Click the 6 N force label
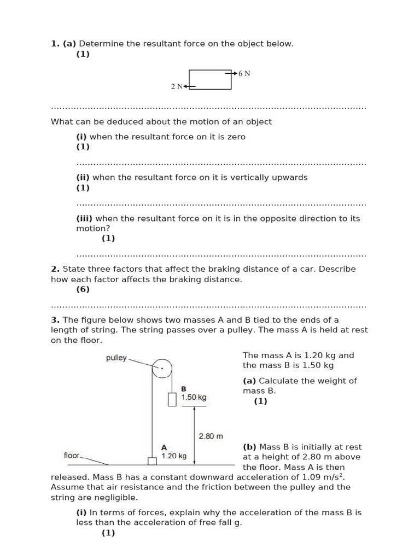point(244,73)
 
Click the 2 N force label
point(177,86)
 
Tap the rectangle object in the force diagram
point(210,79)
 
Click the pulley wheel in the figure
point(162,368)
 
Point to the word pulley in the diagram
point(116,358)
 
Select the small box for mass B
point(172,400)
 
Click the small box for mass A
point(152,460)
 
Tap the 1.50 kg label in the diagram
point(194,398)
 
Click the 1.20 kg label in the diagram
point(174,456)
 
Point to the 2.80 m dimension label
point(211,436)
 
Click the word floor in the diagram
point(72,455)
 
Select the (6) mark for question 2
point(83,289)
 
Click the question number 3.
point(55,320)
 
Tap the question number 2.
point(55,269)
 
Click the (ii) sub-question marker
point(83,177)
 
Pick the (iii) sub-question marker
point(84,218)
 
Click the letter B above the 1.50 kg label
point(184,389)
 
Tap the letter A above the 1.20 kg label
point(164,447)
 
